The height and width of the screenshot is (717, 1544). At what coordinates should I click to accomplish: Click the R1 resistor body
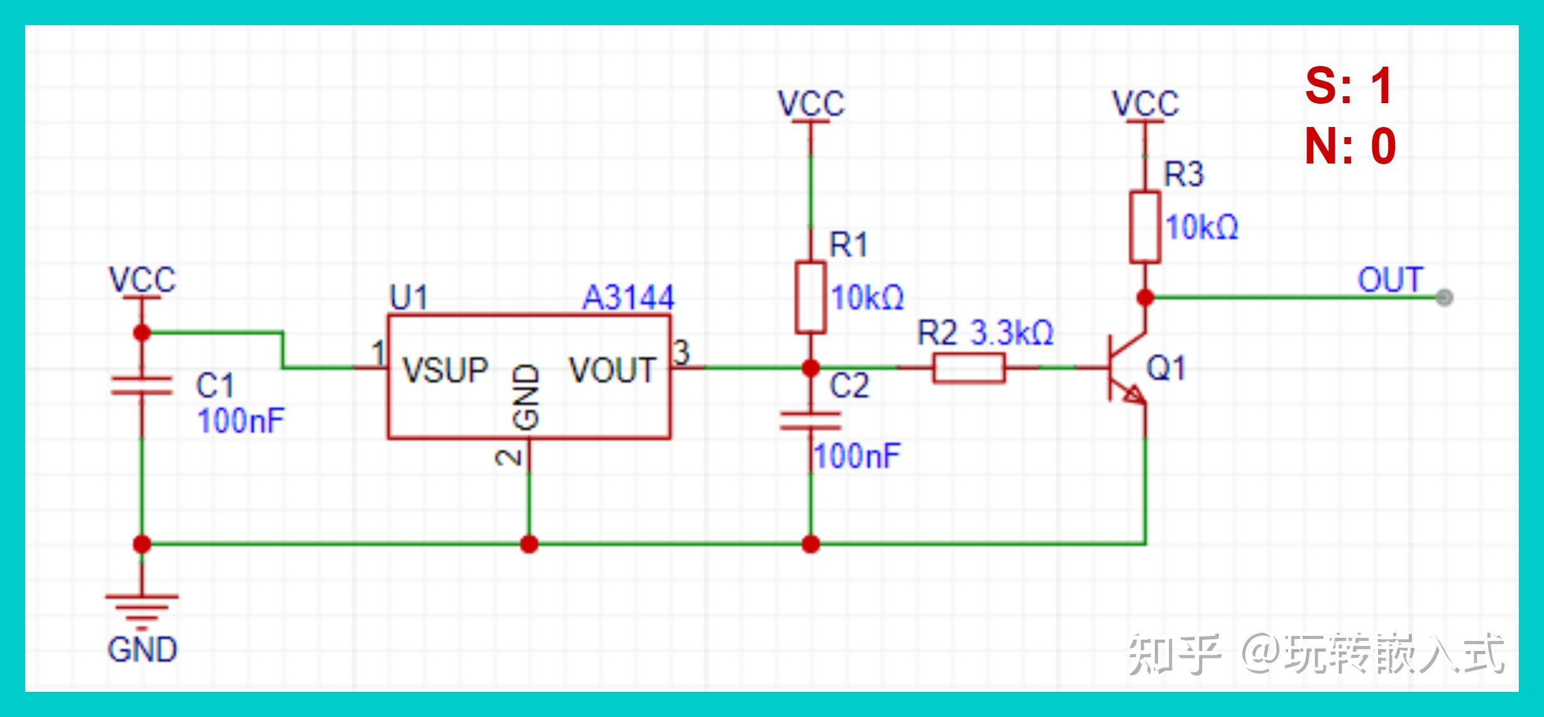[810, 297]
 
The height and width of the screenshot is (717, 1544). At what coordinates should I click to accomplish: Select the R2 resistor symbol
[969, 368]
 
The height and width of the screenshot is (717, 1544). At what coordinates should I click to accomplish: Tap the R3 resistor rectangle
[1145, 227]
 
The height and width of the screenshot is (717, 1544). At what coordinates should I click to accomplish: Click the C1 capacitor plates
[141, 385]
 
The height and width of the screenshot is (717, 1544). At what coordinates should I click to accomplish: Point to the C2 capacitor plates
[810, 421]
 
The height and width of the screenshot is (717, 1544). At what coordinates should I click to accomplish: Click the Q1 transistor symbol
[1125, 368]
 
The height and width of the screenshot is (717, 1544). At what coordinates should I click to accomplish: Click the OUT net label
[1390, 280]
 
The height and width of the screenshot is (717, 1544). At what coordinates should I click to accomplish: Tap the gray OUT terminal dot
[1445, 297]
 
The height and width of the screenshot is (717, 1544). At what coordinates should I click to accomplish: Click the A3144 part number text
[628, 297]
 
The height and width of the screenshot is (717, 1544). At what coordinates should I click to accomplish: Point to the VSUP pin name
[445, 370]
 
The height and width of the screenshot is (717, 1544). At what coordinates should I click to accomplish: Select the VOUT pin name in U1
[612, 370]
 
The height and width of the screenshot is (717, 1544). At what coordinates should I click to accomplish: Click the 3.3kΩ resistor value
[1012, 333]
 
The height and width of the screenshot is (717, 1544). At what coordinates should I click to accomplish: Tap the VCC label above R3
[1145, 104]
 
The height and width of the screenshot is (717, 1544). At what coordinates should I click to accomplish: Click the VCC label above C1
[142, 280]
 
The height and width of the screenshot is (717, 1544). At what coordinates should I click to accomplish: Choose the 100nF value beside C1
[241, 421]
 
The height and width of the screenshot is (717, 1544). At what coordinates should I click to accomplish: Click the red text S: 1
[1349, 86]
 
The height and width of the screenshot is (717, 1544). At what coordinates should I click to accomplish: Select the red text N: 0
[1350, 146]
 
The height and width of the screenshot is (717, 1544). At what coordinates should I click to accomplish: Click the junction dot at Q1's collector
[1145, 297]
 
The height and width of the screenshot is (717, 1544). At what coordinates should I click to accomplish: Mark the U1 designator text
[409, 297]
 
